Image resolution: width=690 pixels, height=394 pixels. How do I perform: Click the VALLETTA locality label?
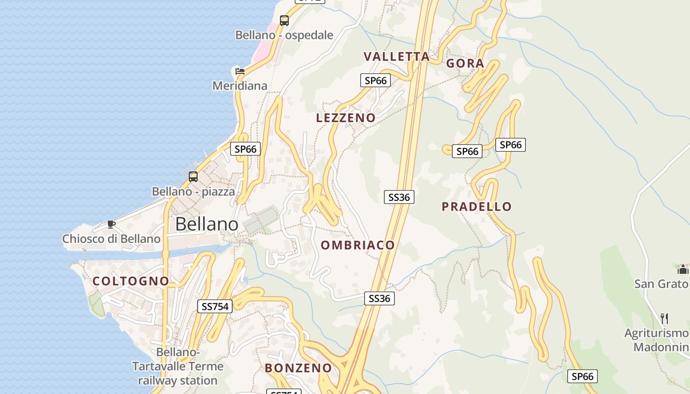(397, 56)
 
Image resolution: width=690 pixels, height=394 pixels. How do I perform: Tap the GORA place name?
(465, 64)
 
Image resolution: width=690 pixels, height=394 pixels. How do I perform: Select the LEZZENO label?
(345, 118)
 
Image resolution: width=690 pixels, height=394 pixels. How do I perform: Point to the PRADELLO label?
(477, 206)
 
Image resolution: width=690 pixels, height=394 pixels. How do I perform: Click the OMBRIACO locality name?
(358, 245)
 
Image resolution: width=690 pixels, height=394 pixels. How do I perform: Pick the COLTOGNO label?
(131, 281)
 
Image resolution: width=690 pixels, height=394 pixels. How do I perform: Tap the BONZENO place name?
(298, 368)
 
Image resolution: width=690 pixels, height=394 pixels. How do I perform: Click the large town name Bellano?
(207, 224)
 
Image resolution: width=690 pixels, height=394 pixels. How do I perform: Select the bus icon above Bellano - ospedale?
(284, 21)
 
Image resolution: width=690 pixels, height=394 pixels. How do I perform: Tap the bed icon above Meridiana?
(240, 71)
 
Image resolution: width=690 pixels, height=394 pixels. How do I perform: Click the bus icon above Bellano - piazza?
(193, 177)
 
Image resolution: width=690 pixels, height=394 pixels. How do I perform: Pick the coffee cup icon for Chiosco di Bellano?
(111, 225)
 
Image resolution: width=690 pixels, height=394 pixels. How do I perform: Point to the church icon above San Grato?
(683, 269)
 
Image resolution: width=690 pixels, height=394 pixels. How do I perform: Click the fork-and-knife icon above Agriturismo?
(664, 319)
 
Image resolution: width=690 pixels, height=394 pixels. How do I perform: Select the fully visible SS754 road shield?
(215, 306)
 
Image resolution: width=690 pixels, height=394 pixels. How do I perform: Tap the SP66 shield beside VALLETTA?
(376, 80)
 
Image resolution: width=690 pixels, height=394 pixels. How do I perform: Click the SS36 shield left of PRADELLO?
(399, 197)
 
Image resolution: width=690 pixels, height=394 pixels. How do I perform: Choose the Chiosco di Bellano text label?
(111, 239)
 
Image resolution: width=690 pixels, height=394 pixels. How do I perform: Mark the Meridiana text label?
(240, 86)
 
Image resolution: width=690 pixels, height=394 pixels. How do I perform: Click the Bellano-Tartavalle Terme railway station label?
(177, 366)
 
